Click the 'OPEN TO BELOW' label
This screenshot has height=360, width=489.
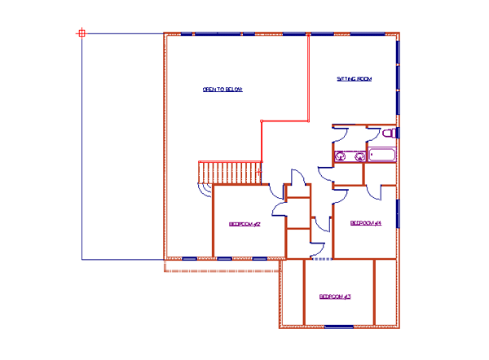click(x=222, y=89)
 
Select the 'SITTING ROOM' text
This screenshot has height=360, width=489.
click(x=355, y=79)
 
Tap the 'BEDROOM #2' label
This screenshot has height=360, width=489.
click(x=244, y=224)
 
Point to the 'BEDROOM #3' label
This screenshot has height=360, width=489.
click(x=334, y=296)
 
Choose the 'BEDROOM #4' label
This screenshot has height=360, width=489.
click(x=366, y=222)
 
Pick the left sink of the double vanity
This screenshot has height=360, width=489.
click(x=341, y=156)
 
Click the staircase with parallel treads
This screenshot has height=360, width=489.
click(x=229, y=173)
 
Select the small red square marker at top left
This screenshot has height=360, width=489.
click(x=81, y=33)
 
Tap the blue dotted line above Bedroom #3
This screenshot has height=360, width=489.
click(x=323, y=259)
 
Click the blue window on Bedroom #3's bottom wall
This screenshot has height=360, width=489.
click(x=339, y=326)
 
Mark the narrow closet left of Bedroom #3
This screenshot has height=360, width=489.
click(x=292, y=292)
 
